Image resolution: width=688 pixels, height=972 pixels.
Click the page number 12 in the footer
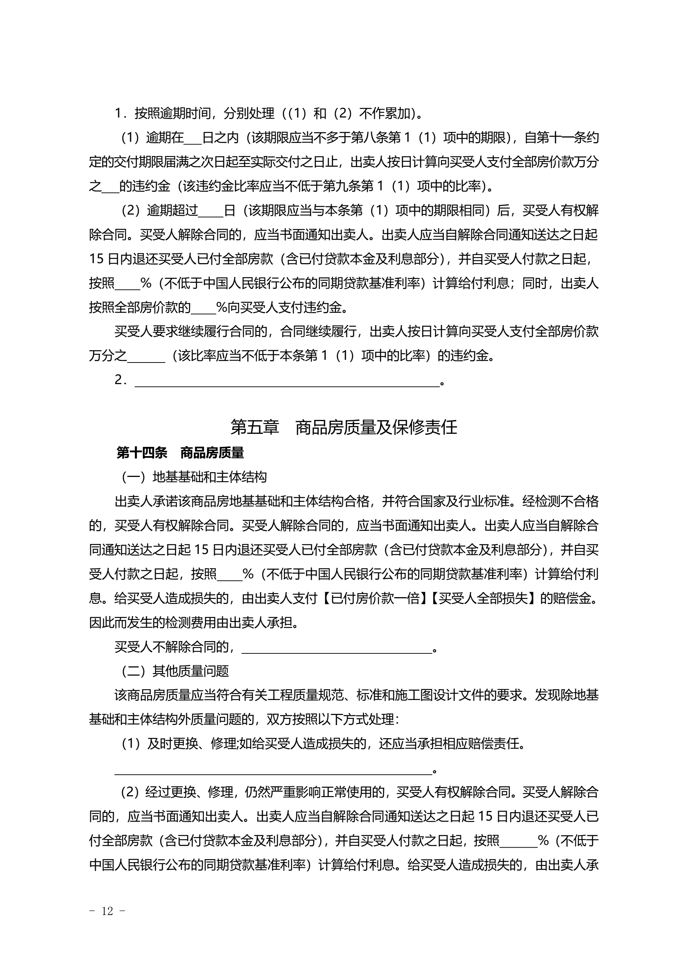click(107, 910)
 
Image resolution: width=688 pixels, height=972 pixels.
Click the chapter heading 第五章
click(255, 427)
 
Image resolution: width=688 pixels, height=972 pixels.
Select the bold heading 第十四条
click(141, 453)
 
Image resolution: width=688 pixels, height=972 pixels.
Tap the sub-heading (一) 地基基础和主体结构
click(194, 477)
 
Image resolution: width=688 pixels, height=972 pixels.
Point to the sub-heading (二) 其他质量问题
click(175, 671)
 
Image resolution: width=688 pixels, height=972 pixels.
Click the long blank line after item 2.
click(287, 382)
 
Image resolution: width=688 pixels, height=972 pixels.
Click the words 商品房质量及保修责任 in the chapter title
click(376, 427)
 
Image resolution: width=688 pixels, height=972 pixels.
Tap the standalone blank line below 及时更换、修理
click(273, 770)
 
